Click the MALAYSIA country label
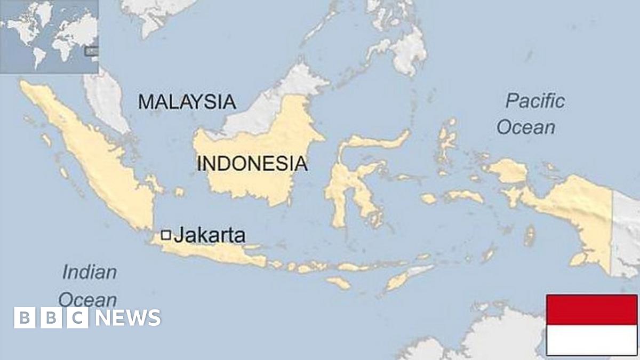(187, 101)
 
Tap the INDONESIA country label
(252, 163)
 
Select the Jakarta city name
(210, 235)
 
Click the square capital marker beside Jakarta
(166, 235)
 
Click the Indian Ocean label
(89, 286)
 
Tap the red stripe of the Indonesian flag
(591, 310)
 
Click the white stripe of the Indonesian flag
(591, 340)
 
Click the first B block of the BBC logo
(24, 318)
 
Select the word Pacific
(535, 100)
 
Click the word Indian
(90, 273)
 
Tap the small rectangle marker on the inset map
(92, 51)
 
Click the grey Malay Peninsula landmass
(107, 101)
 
